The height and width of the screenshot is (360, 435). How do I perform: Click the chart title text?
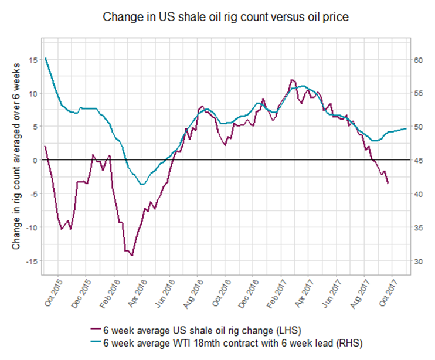[226, 17]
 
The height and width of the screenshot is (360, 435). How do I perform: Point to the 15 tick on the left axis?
[33, 60]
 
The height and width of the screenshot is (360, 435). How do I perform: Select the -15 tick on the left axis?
[31, 261]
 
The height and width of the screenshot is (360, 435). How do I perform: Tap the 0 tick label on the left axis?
[35, 160]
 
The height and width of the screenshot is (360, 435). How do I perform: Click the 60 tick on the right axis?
[419, 60]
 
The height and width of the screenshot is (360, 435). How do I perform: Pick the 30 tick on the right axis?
[419, 261]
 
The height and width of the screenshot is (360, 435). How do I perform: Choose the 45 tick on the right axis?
[419, 160]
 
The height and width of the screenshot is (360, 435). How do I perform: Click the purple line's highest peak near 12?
[291, 80]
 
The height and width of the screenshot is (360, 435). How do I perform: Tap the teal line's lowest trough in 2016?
[141, 184]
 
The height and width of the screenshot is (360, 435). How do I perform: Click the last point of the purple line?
[388, 183]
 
